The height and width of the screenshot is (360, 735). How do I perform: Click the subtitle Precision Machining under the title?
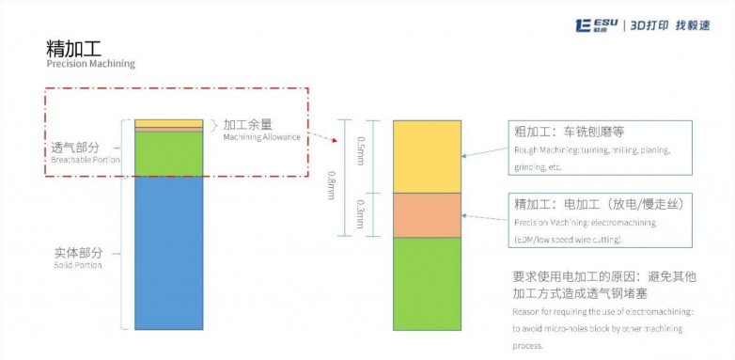click(90, 65)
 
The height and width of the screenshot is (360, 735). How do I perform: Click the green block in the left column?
click(168, 153)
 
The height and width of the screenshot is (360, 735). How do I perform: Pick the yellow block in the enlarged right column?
click(427, 156)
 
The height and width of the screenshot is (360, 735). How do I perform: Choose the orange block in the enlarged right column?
click(427, 214)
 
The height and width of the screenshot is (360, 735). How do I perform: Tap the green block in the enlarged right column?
click(427, 283)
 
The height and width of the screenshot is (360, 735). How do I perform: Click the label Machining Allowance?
click(261, 137)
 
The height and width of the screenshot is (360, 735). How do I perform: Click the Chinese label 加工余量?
click(248, 124)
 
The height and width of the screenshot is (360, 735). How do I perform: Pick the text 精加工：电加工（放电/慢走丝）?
click(595, 203)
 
